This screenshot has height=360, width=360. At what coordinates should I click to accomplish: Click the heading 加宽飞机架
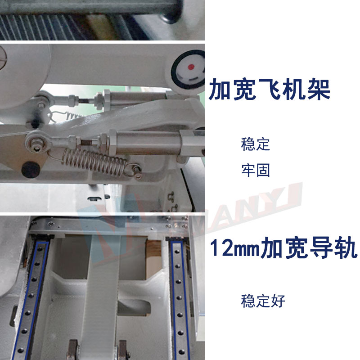point(269,89)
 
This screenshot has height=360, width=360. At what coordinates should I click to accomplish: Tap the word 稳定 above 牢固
point(255,144)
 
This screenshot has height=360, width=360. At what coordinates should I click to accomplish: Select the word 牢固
point(255,170)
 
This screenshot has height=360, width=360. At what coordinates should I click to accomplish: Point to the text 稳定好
point(263,301)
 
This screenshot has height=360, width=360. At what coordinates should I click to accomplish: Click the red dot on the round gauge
point(191,67)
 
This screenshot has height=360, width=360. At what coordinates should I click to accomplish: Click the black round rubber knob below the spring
point(31,170)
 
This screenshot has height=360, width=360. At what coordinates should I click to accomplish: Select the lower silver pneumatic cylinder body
point(148,143)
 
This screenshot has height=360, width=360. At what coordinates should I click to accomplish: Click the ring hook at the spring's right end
point(135,171)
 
